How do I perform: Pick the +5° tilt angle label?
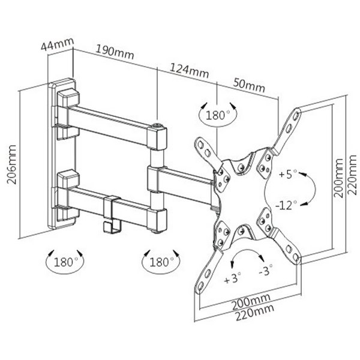[x=287, y=175]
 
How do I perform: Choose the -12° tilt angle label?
[x=287, y=205]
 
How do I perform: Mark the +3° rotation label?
[x=232, y=279]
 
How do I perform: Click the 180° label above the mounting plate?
[x=217, y=115]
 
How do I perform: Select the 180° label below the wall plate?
[x=65, y=262]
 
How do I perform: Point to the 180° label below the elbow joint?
[x=160, y=262]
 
